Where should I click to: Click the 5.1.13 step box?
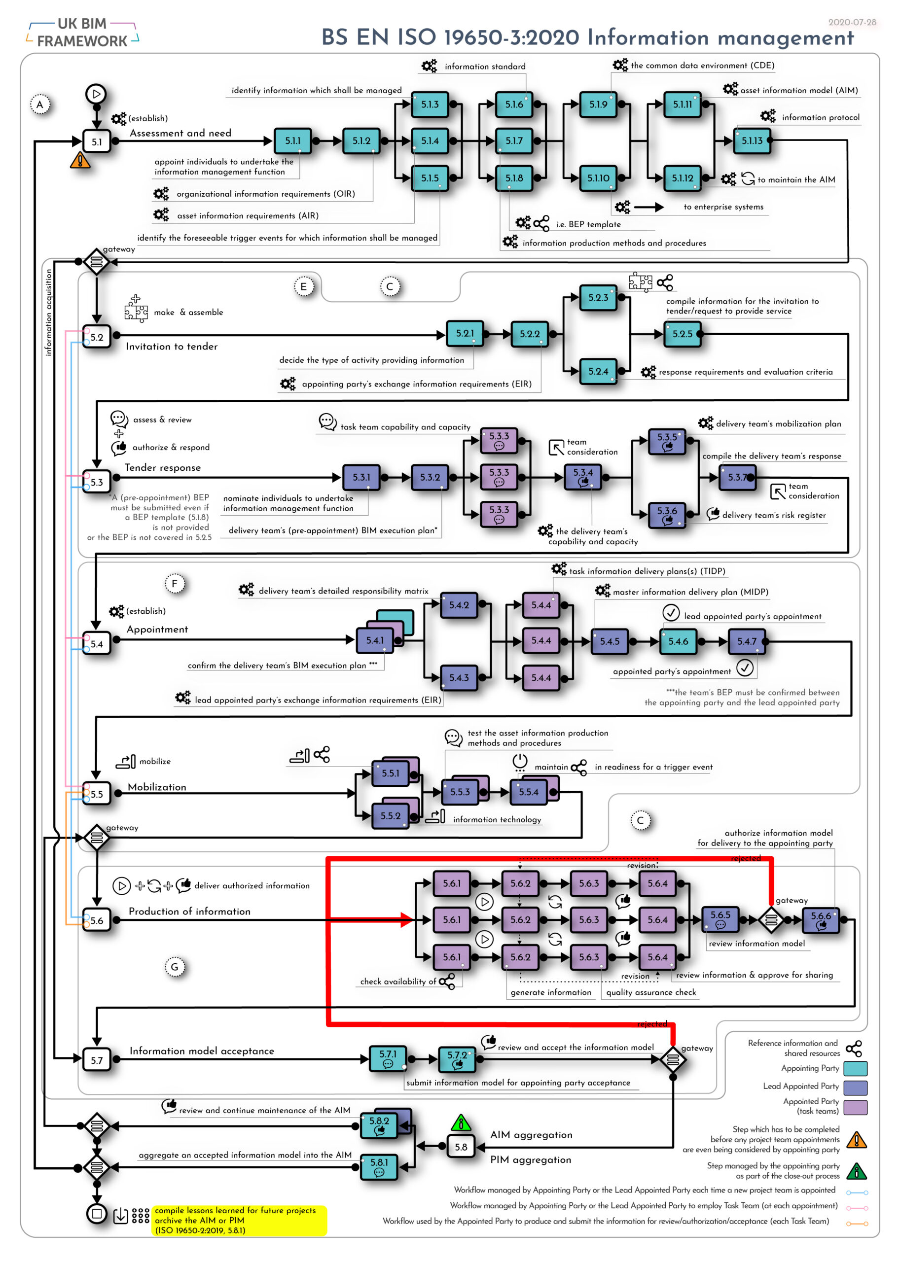pos(752,140)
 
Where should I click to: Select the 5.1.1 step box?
pos(292,140)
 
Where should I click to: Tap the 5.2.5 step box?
pos(682,334)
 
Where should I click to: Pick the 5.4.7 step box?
pos(747,641)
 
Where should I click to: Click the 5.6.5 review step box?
pos(720,919)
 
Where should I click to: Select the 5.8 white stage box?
pos(461,1146)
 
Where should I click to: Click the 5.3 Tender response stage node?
pos(97,482)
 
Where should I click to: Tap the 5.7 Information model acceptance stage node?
pos(97,1060)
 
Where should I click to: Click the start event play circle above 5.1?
pos(96,94)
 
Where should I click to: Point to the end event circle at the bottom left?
pos(97,1213)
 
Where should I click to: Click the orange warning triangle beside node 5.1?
pos(80,160)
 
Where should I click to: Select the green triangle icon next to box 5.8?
pos(461,1123)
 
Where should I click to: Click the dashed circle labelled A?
pos(39,104)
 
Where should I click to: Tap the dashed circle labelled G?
pos(175,967)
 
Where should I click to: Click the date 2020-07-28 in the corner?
pos(852,22)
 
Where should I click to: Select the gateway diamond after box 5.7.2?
pos(673,1059)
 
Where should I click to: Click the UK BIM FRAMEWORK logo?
pos(82,32)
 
